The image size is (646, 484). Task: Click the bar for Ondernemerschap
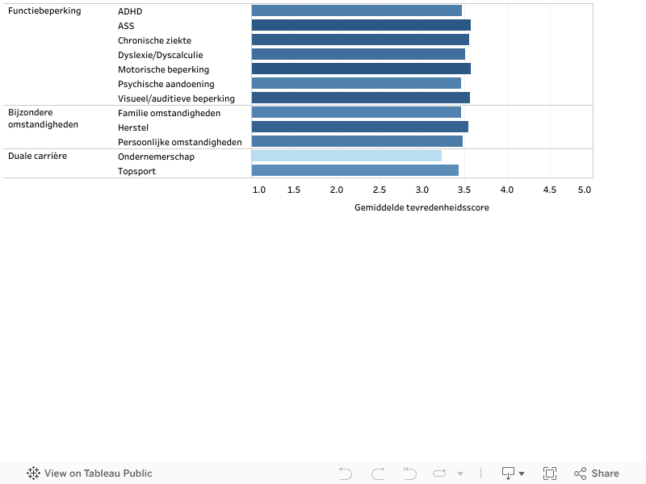click(346, 156)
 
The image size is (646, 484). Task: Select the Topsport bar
click(354, 170)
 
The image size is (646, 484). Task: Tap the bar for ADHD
click(356, 10)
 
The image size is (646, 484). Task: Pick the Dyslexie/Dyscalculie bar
click(358, 54)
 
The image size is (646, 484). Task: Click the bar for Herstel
click(359, 127)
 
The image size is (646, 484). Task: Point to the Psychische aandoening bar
click(356, 83)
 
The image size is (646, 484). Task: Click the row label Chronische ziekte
click(154, 40)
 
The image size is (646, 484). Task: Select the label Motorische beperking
click(163, 69)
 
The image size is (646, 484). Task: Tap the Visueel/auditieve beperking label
click(176, 98)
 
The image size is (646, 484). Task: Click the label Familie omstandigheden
click(169, 113)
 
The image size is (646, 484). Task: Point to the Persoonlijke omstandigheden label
click(179, 142)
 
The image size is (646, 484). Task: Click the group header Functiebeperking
click(44, 11)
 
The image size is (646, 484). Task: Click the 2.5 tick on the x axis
click(380, 190)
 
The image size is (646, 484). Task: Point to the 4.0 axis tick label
click(507, 190)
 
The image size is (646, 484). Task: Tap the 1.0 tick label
click(259, 190)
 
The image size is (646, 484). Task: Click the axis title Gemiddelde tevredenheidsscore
click(422, 207)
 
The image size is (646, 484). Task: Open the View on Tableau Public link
click(90, 474)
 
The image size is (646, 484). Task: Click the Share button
click(597, 474)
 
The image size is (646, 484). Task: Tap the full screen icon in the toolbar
click(550, 474)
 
